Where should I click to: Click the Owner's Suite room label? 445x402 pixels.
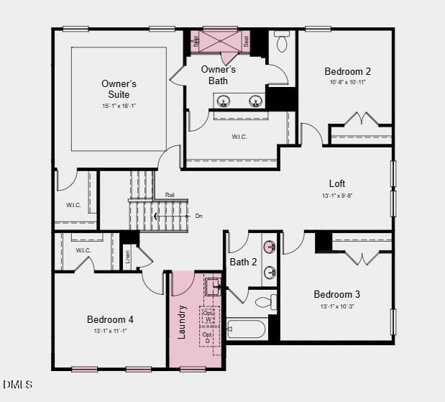click(119, 89)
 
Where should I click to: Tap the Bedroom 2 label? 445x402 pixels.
click(347, 71)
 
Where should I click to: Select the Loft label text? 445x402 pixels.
click(336, 184)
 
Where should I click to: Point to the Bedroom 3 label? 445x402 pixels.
click(336, 294)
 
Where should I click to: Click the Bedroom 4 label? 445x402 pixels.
click(110, 319)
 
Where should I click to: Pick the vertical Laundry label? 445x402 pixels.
click(182, 323)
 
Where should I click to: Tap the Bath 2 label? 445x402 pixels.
click(243, 262)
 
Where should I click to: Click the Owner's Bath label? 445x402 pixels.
click(219, 75)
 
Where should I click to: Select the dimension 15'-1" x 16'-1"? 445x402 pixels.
click(119, 106)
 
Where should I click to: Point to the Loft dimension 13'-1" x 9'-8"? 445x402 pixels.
click(336, 196)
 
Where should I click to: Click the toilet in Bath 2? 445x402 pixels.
click(262, 302)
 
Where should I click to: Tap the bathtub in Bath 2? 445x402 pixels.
click(247, 329)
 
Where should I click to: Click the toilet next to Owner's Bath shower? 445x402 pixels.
click(281, 43)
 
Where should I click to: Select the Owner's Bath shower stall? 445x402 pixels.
click(220, 42)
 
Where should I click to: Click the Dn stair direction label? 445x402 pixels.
click(199, 216)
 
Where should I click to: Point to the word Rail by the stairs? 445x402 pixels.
click(170, 195)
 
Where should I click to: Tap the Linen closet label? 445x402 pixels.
click(129, 257)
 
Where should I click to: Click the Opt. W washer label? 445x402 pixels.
click(208, 316)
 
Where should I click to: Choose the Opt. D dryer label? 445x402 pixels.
click(208, 337)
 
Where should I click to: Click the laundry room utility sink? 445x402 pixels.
click(213, 288)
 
